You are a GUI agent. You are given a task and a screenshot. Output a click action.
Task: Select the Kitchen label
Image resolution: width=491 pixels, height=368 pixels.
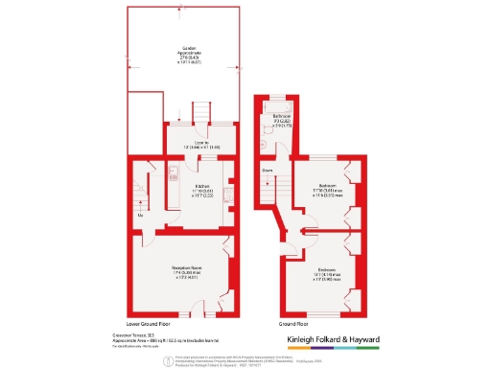point(202,186)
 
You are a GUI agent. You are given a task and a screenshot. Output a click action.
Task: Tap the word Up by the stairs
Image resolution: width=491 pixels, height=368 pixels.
point(142,215)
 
